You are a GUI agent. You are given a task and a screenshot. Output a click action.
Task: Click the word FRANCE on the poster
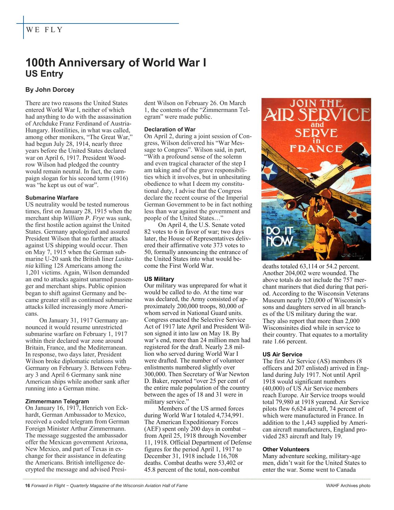click(x=316, y=149)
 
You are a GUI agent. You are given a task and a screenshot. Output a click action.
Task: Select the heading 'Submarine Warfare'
click(x=52, y=198)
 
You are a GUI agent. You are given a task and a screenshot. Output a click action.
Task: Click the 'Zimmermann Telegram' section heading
click(x=57, y=402)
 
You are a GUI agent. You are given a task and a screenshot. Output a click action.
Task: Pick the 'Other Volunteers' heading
click(x=286, y=449)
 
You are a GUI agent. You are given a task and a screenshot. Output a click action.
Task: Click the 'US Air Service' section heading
click(x=282, y=355)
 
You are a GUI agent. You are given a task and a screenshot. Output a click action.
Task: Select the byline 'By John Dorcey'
click(x=50, y=90)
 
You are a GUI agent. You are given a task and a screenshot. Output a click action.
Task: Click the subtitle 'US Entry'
click(x=44, y=74)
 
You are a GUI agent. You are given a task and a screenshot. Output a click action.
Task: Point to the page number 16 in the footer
click(x=27, y=486)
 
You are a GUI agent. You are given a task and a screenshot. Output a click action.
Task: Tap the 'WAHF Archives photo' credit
click(x=348, y=486)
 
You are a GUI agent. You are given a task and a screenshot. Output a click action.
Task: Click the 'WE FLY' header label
click(x=44, y=30)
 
